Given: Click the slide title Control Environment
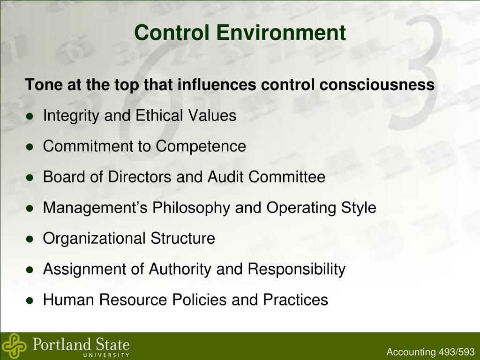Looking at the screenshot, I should [240, 33].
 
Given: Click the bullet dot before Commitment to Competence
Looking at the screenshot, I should [30, 147].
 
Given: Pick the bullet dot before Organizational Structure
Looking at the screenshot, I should [30, 239].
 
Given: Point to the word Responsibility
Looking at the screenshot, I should [296, 269].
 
